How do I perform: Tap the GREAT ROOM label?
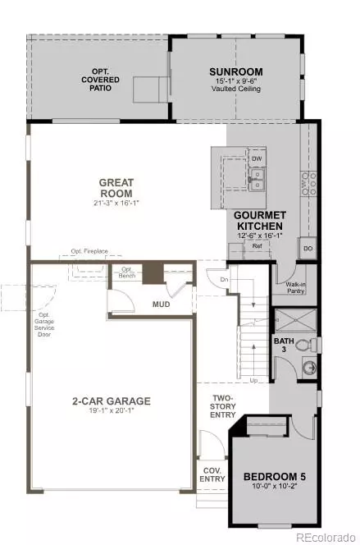[x=116, y=188]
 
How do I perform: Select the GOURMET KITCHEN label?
[x=260, y=220]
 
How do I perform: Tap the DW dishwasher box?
[x=257, y=158]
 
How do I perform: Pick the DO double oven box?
[x=308, y=247]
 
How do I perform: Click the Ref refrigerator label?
[x=257, y=245]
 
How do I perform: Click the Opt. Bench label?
[x=127, y=270]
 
